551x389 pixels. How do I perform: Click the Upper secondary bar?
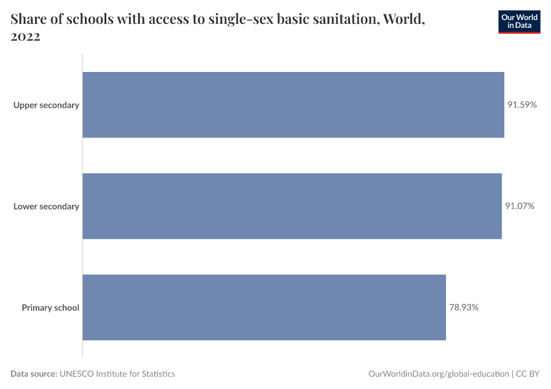tap(293, 104)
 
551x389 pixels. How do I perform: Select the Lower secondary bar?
tap(292, 206)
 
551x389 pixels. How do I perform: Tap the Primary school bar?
tap(264, 307)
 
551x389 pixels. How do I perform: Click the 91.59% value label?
tap(522, 104)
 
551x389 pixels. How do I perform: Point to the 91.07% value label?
tap(520, 206)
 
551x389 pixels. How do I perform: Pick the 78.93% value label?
tap(463, 307)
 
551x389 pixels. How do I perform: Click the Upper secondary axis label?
tap(46, 105)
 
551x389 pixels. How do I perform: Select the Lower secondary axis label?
tap(46, 207)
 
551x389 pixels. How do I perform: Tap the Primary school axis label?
tap(51, 308)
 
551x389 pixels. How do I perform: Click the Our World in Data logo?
tap(519, 21)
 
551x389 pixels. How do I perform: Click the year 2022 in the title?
tap(26, 37)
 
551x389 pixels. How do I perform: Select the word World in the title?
tap(404, 19)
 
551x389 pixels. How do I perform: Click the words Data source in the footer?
tap(34, 373)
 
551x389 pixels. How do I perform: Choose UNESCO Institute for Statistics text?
tap(117, 373)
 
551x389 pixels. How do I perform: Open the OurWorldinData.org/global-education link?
tap(438, 373)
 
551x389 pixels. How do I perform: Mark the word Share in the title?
tap(28, 19)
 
